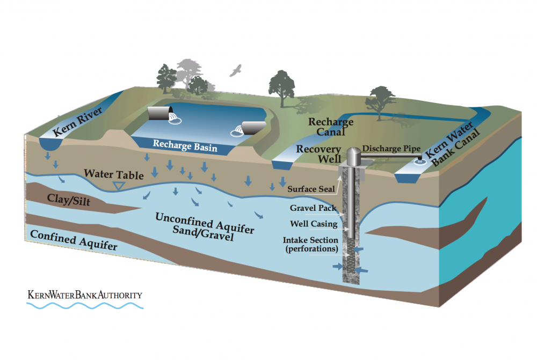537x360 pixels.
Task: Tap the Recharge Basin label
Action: tap(185, 145)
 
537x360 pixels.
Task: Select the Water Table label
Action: tap(113, 175)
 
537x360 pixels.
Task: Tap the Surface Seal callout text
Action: tap(309, 188)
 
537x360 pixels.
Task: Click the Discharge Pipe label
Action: tap(392, 148)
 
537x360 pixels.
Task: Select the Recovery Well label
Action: tap(319, 153)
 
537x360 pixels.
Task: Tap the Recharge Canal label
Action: tap(331, 128)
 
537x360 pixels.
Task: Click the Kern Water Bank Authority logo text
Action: tap(85, 295)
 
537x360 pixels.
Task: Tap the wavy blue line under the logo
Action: tap(85, 306)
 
